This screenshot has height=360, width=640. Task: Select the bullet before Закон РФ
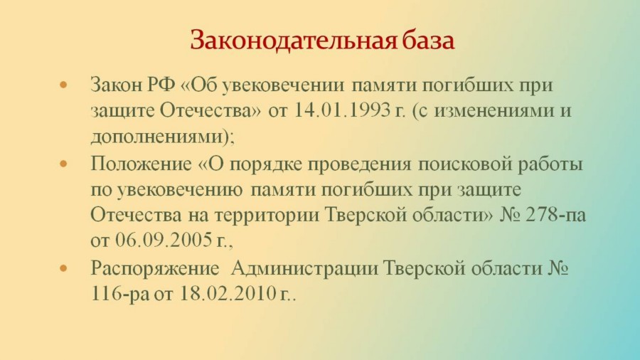[63, 85]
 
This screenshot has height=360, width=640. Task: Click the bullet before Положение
[63, 164]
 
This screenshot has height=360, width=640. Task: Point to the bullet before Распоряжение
[63, 268]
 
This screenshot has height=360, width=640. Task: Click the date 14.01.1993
[341, 110]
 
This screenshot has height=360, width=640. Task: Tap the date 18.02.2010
[228, 293]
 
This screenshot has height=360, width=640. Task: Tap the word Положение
[141, 164]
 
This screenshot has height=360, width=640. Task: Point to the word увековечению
[180, 190]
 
